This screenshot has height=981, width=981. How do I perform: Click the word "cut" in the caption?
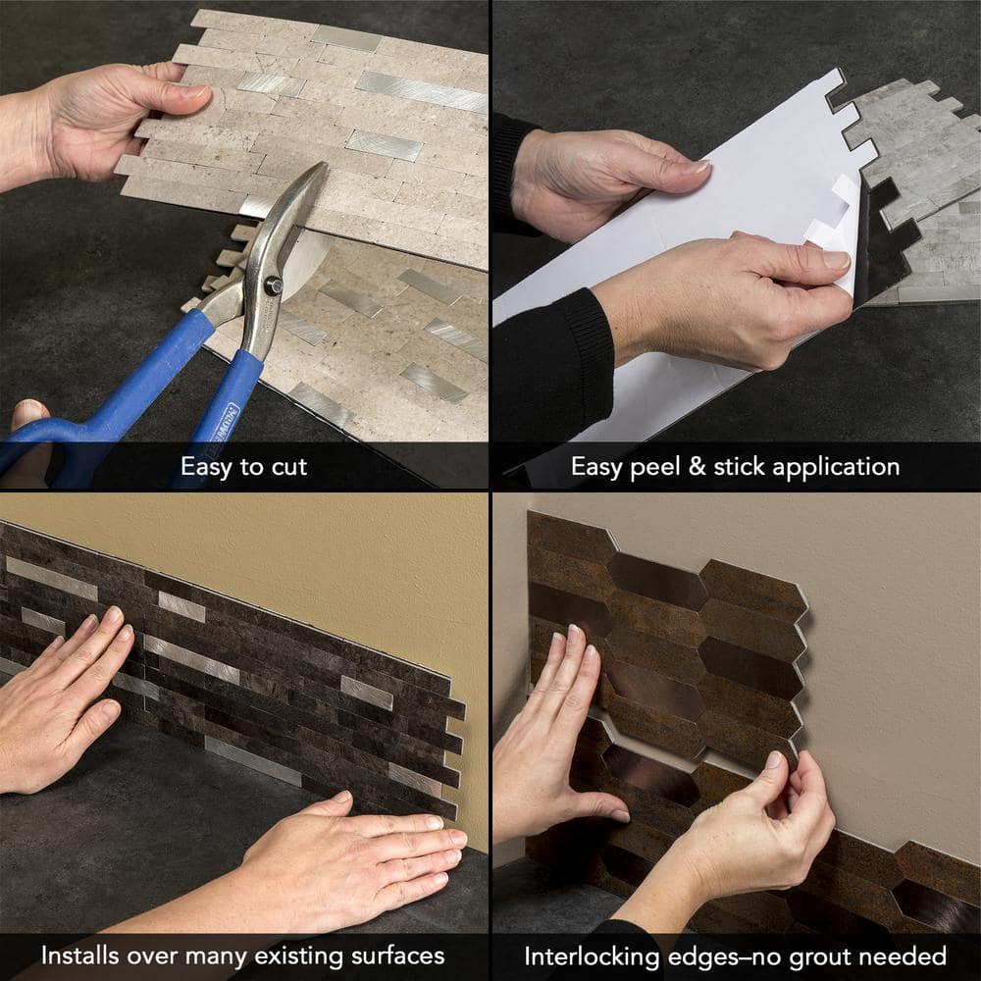(285, 466)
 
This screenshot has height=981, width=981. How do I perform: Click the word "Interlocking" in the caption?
(592, 955)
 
